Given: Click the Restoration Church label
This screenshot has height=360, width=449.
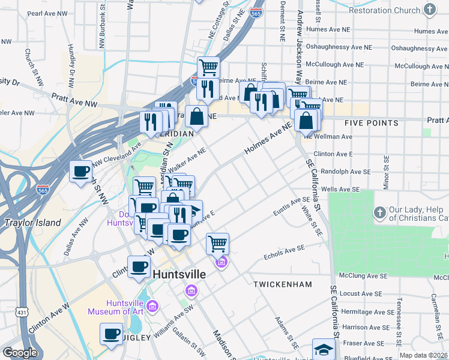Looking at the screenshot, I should pyautogui.click(x=384, y=10).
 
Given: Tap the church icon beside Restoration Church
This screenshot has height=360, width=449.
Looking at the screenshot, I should pyautogui.click(x=429, y=10).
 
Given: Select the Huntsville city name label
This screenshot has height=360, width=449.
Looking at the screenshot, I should pyautogui.click(x=179, y=274).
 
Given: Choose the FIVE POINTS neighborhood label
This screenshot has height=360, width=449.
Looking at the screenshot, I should pyautogui.click(x=372, y=123).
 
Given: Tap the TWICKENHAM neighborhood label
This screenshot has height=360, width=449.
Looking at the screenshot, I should pyautogui.click(x=283, y=283).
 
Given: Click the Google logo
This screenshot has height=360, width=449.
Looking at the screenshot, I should pyautogui.click(x=20, y=353).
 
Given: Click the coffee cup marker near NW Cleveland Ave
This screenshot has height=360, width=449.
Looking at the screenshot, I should pyautogui.click(x=81, y=172).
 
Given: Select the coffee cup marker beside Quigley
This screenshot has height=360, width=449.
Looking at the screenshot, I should pyautogui.click(x=111, y=334).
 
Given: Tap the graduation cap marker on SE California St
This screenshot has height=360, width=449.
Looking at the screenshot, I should pyautogui.click(x=324, y=349).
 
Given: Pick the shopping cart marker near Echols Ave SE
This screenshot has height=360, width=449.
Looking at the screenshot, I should pyautogui.click(x=217, y=244).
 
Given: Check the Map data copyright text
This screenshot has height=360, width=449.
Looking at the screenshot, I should pyautogui.click(x=423, y=355).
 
